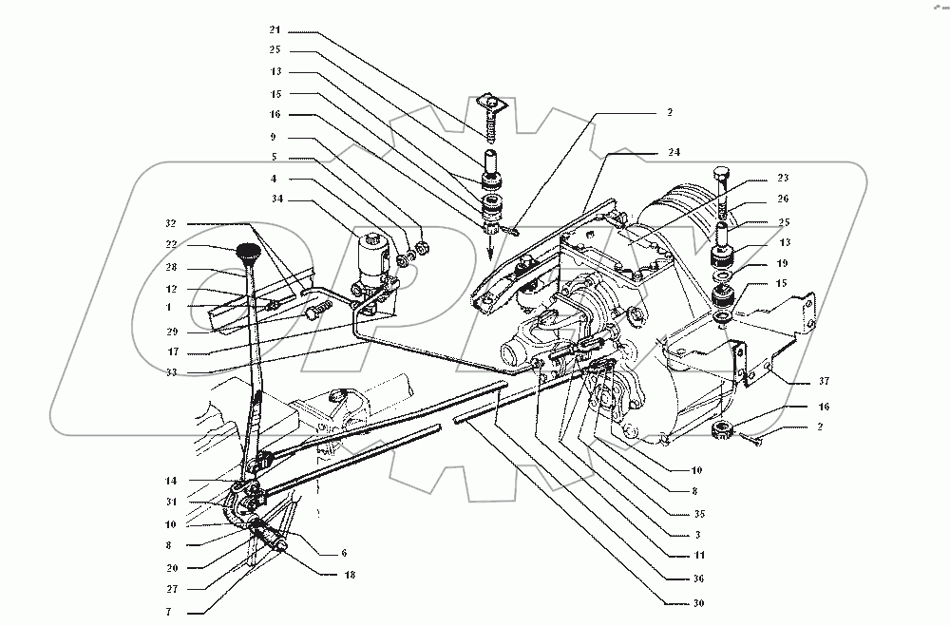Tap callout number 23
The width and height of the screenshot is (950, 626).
783,178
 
